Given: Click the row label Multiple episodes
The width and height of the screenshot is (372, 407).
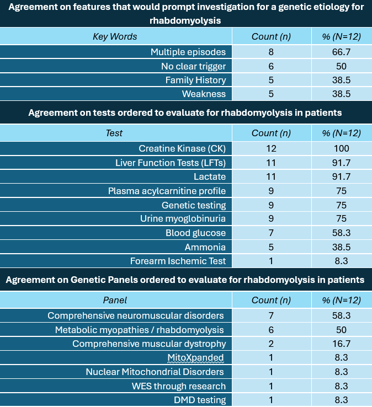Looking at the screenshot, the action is pos(188,52).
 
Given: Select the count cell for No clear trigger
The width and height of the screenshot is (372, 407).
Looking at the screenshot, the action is pos(271,66).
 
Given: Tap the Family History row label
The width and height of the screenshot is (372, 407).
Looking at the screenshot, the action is pos(195,80).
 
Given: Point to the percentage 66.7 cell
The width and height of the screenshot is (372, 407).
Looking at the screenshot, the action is pos(341,52).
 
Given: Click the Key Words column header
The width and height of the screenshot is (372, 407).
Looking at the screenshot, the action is pos(115,36).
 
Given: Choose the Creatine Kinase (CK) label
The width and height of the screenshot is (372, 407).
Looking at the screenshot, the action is pos(182,148).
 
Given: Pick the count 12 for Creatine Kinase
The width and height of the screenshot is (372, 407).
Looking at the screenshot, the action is pos(271,148).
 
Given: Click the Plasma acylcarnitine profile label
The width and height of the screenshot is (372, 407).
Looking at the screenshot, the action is pos(167,191).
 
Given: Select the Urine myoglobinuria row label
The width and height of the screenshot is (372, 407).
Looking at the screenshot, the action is pos(183,218).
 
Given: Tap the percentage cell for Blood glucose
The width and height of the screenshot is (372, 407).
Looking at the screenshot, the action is pos(341,233).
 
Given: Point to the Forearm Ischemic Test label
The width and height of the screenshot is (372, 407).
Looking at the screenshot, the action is pos(178,261).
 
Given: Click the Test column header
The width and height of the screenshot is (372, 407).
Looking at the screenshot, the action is pos(114,133).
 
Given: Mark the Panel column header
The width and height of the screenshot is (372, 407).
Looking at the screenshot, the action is pos(115,301).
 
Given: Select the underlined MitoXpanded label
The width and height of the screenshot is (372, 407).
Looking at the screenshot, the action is pos(195,358).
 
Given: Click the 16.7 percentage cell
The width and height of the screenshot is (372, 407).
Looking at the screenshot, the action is pos(341,344).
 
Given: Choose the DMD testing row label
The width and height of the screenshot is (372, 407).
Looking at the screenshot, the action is pos(200,400).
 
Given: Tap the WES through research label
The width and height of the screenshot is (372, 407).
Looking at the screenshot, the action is pos(179,386).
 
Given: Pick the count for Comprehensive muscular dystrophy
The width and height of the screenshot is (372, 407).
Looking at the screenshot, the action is pos(271,344).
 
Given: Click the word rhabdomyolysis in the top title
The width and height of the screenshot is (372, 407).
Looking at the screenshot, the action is pos(185,20).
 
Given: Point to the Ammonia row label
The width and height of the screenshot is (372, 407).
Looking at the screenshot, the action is pos(205,247).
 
